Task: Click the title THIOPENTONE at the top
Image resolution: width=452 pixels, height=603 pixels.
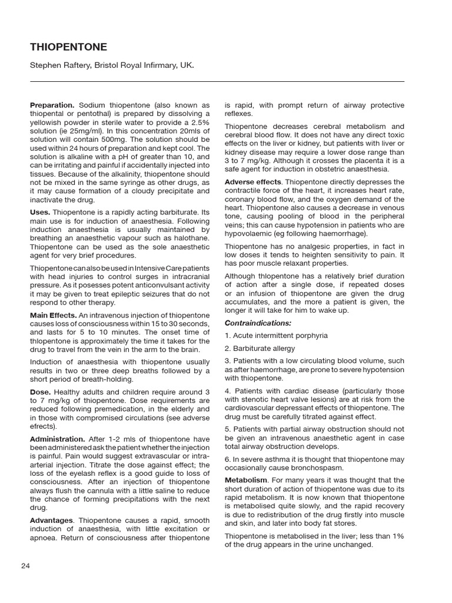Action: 68,47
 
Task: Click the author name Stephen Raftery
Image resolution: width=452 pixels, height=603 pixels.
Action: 59,65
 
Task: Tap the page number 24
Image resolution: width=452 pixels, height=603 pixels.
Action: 25,566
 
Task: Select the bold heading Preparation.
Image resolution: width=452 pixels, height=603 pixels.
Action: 52,105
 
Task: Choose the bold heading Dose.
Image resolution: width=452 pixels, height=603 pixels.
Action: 41,391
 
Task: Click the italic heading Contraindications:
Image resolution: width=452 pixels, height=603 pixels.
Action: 258,323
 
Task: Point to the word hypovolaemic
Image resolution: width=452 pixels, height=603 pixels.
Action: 248,234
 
